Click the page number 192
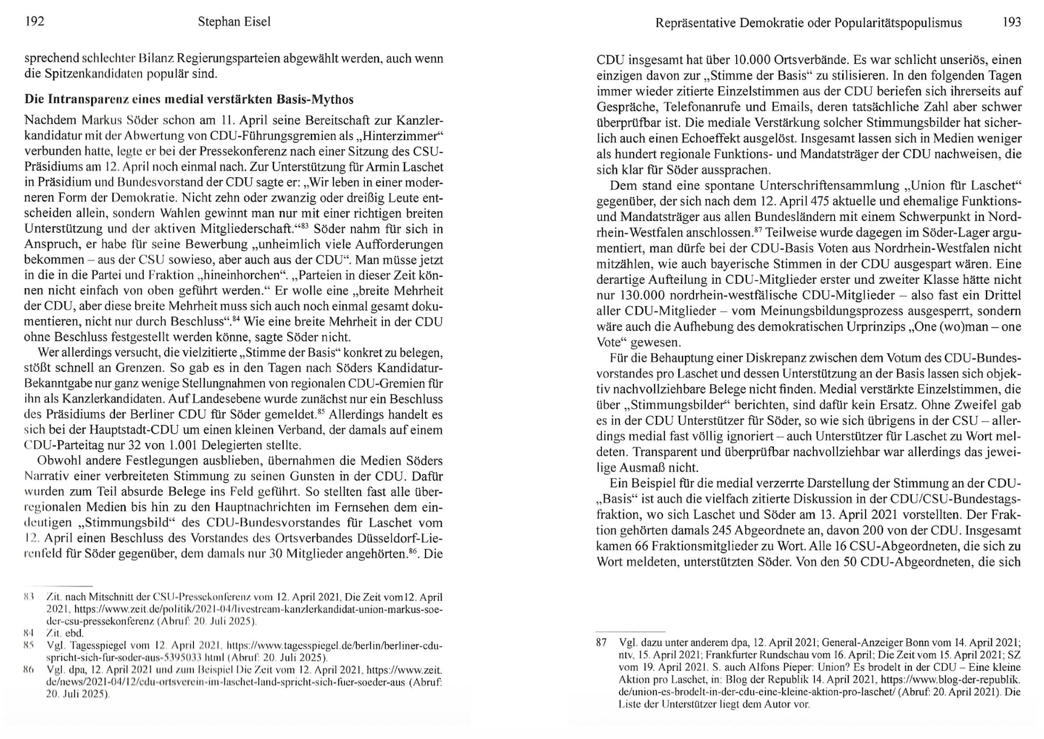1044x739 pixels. point(34,21)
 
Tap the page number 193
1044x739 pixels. point(1012,22)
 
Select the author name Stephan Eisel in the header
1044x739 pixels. point(234,22)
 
